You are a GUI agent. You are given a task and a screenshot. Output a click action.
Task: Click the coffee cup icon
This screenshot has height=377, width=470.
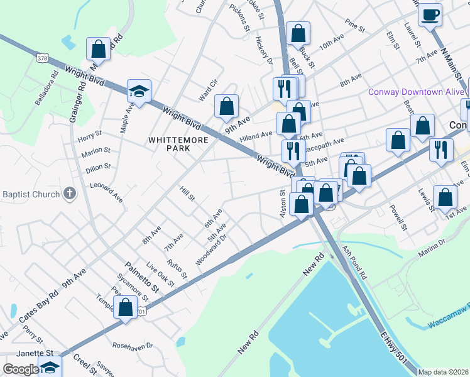click(430, 14)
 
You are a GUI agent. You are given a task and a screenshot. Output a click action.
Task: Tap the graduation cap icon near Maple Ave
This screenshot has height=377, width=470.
click(139, 91)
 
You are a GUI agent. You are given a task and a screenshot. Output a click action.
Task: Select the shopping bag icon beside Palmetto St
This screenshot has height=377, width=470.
click(125, 308)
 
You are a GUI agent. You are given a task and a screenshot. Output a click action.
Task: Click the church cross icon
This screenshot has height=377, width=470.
click(70, 193)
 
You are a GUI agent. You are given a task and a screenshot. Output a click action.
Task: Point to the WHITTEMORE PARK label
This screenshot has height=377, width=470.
click(178, 144)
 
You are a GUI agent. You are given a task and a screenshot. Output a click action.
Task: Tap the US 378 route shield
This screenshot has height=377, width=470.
click(42, 58)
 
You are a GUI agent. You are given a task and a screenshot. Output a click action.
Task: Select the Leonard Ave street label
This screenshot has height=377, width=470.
click(106, 192)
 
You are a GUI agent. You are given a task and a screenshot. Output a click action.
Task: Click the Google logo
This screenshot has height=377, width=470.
click(21, 369)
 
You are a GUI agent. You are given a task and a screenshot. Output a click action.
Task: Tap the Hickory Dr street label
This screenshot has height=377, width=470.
click(263, 50)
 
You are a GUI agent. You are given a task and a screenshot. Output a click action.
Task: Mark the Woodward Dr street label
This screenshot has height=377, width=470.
click(210, 250)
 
